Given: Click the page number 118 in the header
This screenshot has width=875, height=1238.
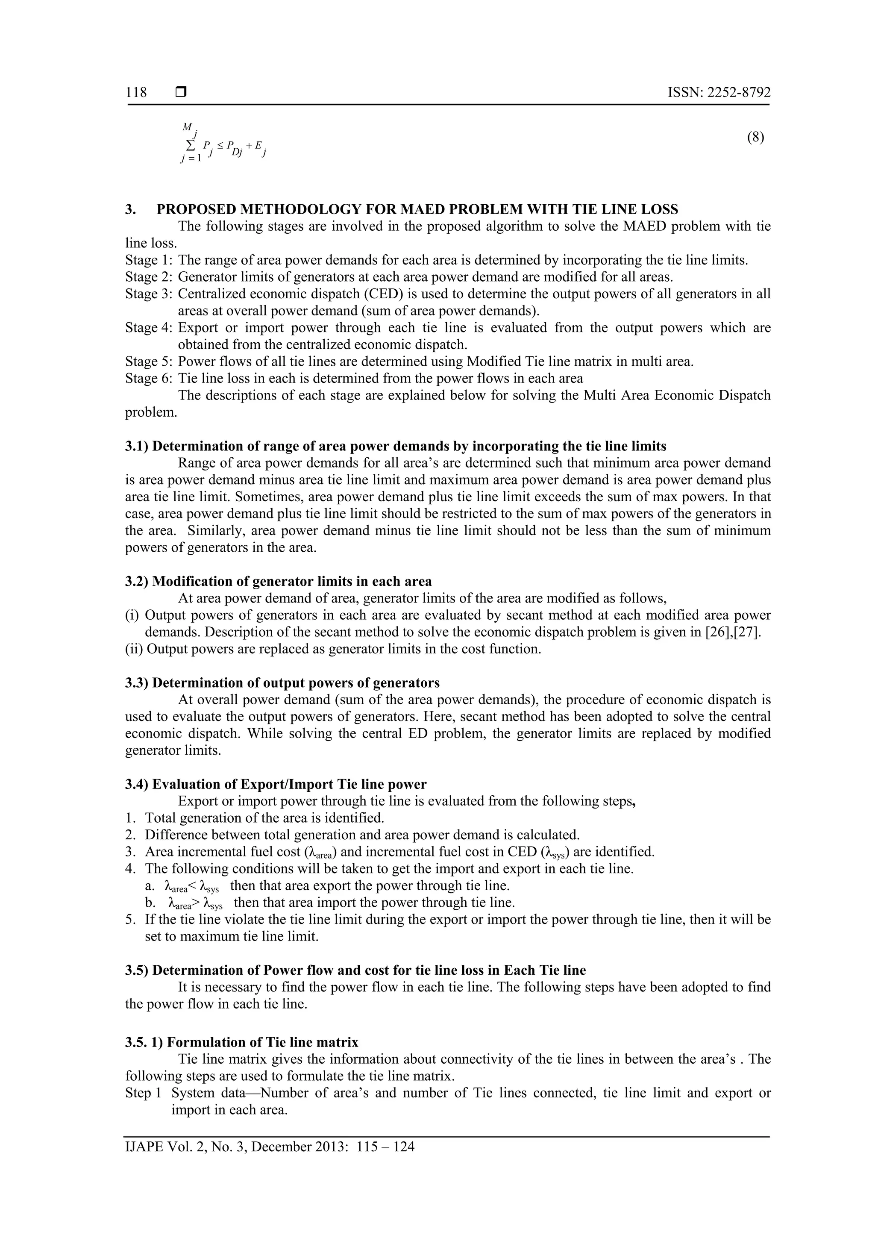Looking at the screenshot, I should coord(136,93).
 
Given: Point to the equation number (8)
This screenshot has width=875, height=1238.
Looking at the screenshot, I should coord(755,138).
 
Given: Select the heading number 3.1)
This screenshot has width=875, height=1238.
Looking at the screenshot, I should coord(137,447).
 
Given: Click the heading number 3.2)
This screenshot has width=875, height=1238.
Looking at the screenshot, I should coord(137,581).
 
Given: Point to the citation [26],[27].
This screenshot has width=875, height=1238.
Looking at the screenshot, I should coord(733,632).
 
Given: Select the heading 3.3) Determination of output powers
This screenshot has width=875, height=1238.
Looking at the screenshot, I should coord(282,683).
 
